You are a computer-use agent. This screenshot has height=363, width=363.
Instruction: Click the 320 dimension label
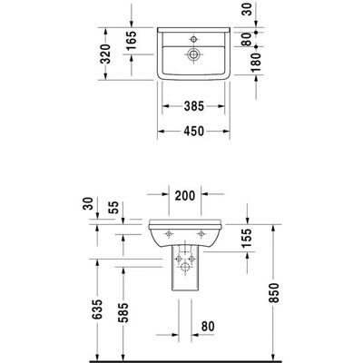105,54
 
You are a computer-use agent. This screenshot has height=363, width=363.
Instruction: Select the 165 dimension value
132,40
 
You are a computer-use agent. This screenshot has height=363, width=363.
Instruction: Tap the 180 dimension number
256,63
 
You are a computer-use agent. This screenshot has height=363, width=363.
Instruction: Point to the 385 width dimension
194,106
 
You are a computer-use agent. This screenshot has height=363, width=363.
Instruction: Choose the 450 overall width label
194,131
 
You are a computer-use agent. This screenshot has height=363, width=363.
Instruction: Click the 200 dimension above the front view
185,196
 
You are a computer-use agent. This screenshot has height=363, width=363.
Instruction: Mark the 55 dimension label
114,208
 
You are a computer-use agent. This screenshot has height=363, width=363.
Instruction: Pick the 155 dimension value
247,238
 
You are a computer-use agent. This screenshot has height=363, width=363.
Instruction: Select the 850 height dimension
273,292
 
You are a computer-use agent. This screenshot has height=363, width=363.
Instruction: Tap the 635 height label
97,309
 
